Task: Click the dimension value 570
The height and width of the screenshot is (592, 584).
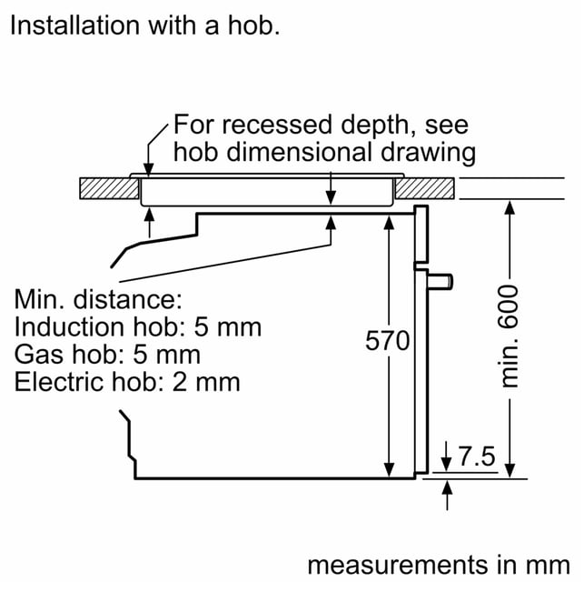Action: (x=387, y=341)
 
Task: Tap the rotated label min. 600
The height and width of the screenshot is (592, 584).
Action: (x=509, y=336)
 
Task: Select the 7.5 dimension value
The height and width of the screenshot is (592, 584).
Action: (x=476, y=457)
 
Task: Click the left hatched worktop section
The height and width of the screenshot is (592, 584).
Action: (x=109, y=188)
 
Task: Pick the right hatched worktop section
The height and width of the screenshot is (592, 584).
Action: (x=425, y=188)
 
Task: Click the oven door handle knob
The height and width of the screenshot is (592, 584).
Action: (x=440, y=282)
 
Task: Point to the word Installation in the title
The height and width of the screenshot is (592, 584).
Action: (x=75, y=25)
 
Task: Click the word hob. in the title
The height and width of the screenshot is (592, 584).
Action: (x=254, y=25)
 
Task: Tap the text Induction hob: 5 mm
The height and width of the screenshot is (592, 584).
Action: (x=138, y=327)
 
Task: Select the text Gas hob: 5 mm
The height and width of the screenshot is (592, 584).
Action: (x=107, y=355)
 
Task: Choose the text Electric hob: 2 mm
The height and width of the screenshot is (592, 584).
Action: (x=127, y=382)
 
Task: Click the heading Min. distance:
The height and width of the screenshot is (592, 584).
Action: (x=98, y=299)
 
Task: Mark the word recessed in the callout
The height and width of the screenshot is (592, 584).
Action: (x=277, y=125)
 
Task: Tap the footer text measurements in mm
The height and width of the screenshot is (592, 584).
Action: (x=439, y=566)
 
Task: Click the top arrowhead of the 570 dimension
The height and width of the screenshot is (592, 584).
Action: (x=389, y=223)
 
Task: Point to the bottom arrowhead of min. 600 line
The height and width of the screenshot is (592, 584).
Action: (x=510, y=471)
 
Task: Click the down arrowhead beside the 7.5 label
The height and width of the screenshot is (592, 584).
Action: (x=446, y=465)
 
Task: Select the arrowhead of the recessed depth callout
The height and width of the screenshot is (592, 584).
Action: (x=149, y=169)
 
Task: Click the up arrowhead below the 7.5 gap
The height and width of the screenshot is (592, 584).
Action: (x=447, y=487)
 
